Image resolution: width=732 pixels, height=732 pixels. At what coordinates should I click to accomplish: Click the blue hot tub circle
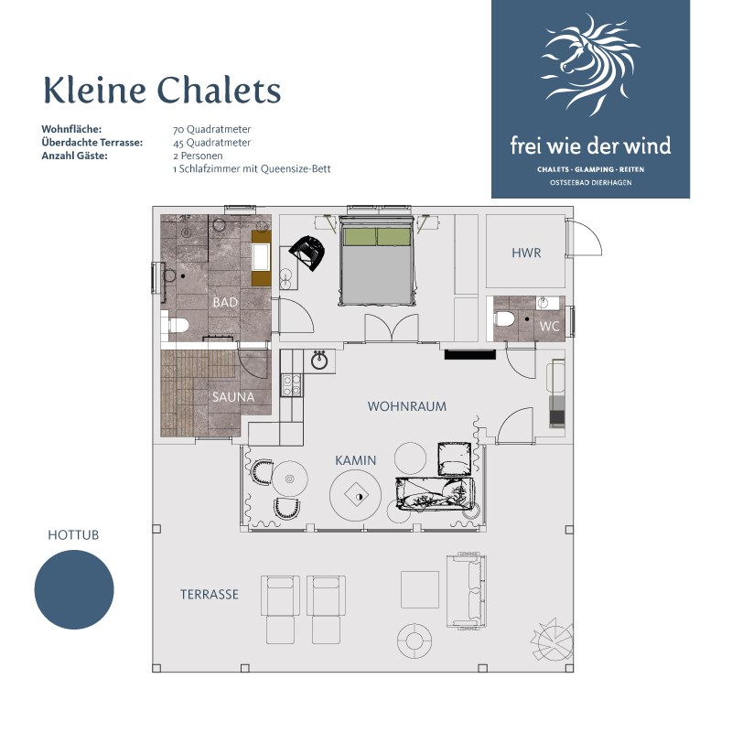pos(74,589)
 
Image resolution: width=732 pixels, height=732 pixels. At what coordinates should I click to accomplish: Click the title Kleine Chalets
pos(162,91)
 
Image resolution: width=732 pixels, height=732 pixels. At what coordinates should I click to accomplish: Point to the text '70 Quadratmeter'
pos(211,130)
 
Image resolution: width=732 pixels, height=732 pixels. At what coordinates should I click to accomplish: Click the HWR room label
pos(526,253)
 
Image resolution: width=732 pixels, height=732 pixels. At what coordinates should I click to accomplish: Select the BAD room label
pos(225,302)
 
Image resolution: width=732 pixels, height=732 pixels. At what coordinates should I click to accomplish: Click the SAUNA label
pos(233,397)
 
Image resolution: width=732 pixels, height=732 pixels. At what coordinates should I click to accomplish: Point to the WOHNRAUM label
pos(407,405)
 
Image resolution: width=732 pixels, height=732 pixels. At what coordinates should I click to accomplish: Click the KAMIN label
pos(355,460)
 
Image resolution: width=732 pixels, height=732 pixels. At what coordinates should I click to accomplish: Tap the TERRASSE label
pos(210,594)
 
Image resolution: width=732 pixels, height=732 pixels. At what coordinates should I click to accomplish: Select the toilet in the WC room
pos(504,320)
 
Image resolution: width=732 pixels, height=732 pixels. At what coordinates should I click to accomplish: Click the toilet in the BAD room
pos(176,325)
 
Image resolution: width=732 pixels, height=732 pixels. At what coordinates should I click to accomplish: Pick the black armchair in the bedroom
pos(308,252)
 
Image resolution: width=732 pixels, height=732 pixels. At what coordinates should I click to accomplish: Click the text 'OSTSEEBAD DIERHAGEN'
pos(590,183)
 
